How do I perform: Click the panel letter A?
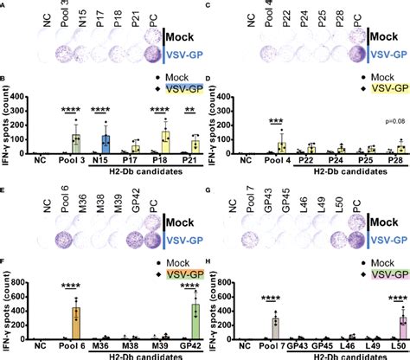(x=4, y=4)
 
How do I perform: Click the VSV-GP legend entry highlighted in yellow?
(x=381, y=88)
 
